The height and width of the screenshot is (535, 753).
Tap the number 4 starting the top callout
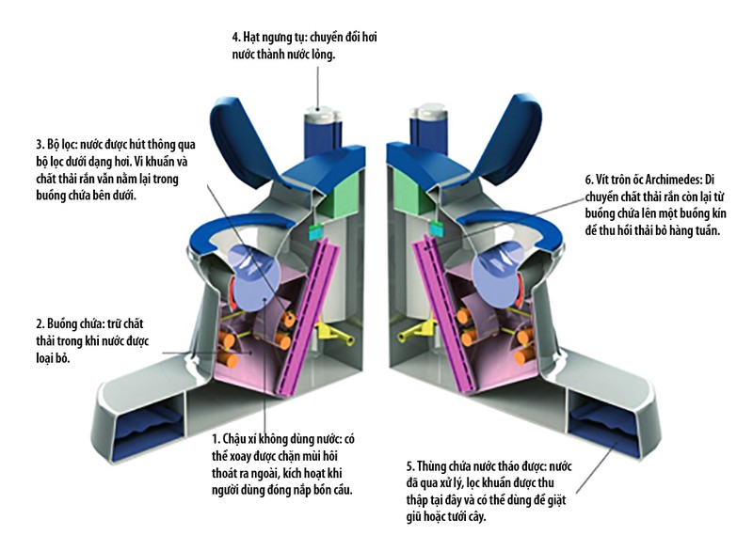click(x=236, y=39)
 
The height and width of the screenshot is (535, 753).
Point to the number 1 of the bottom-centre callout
click(x=216, y=439)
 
